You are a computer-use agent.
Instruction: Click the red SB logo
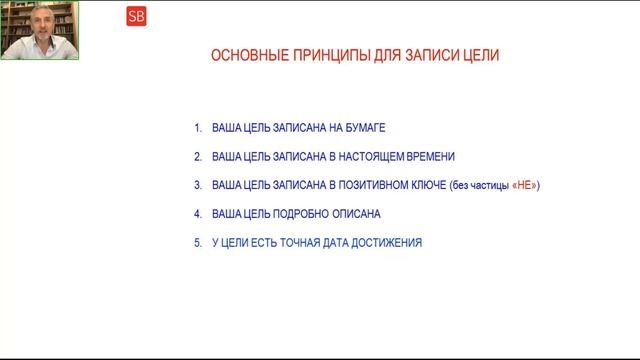pos(136,16)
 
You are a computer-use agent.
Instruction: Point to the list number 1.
pos(198,128)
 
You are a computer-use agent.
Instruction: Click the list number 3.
pos(198,185)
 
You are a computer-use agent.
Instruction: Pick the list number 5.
pos(198,242)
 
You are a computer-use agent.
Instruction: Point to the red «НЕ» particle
pos(524,185)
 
